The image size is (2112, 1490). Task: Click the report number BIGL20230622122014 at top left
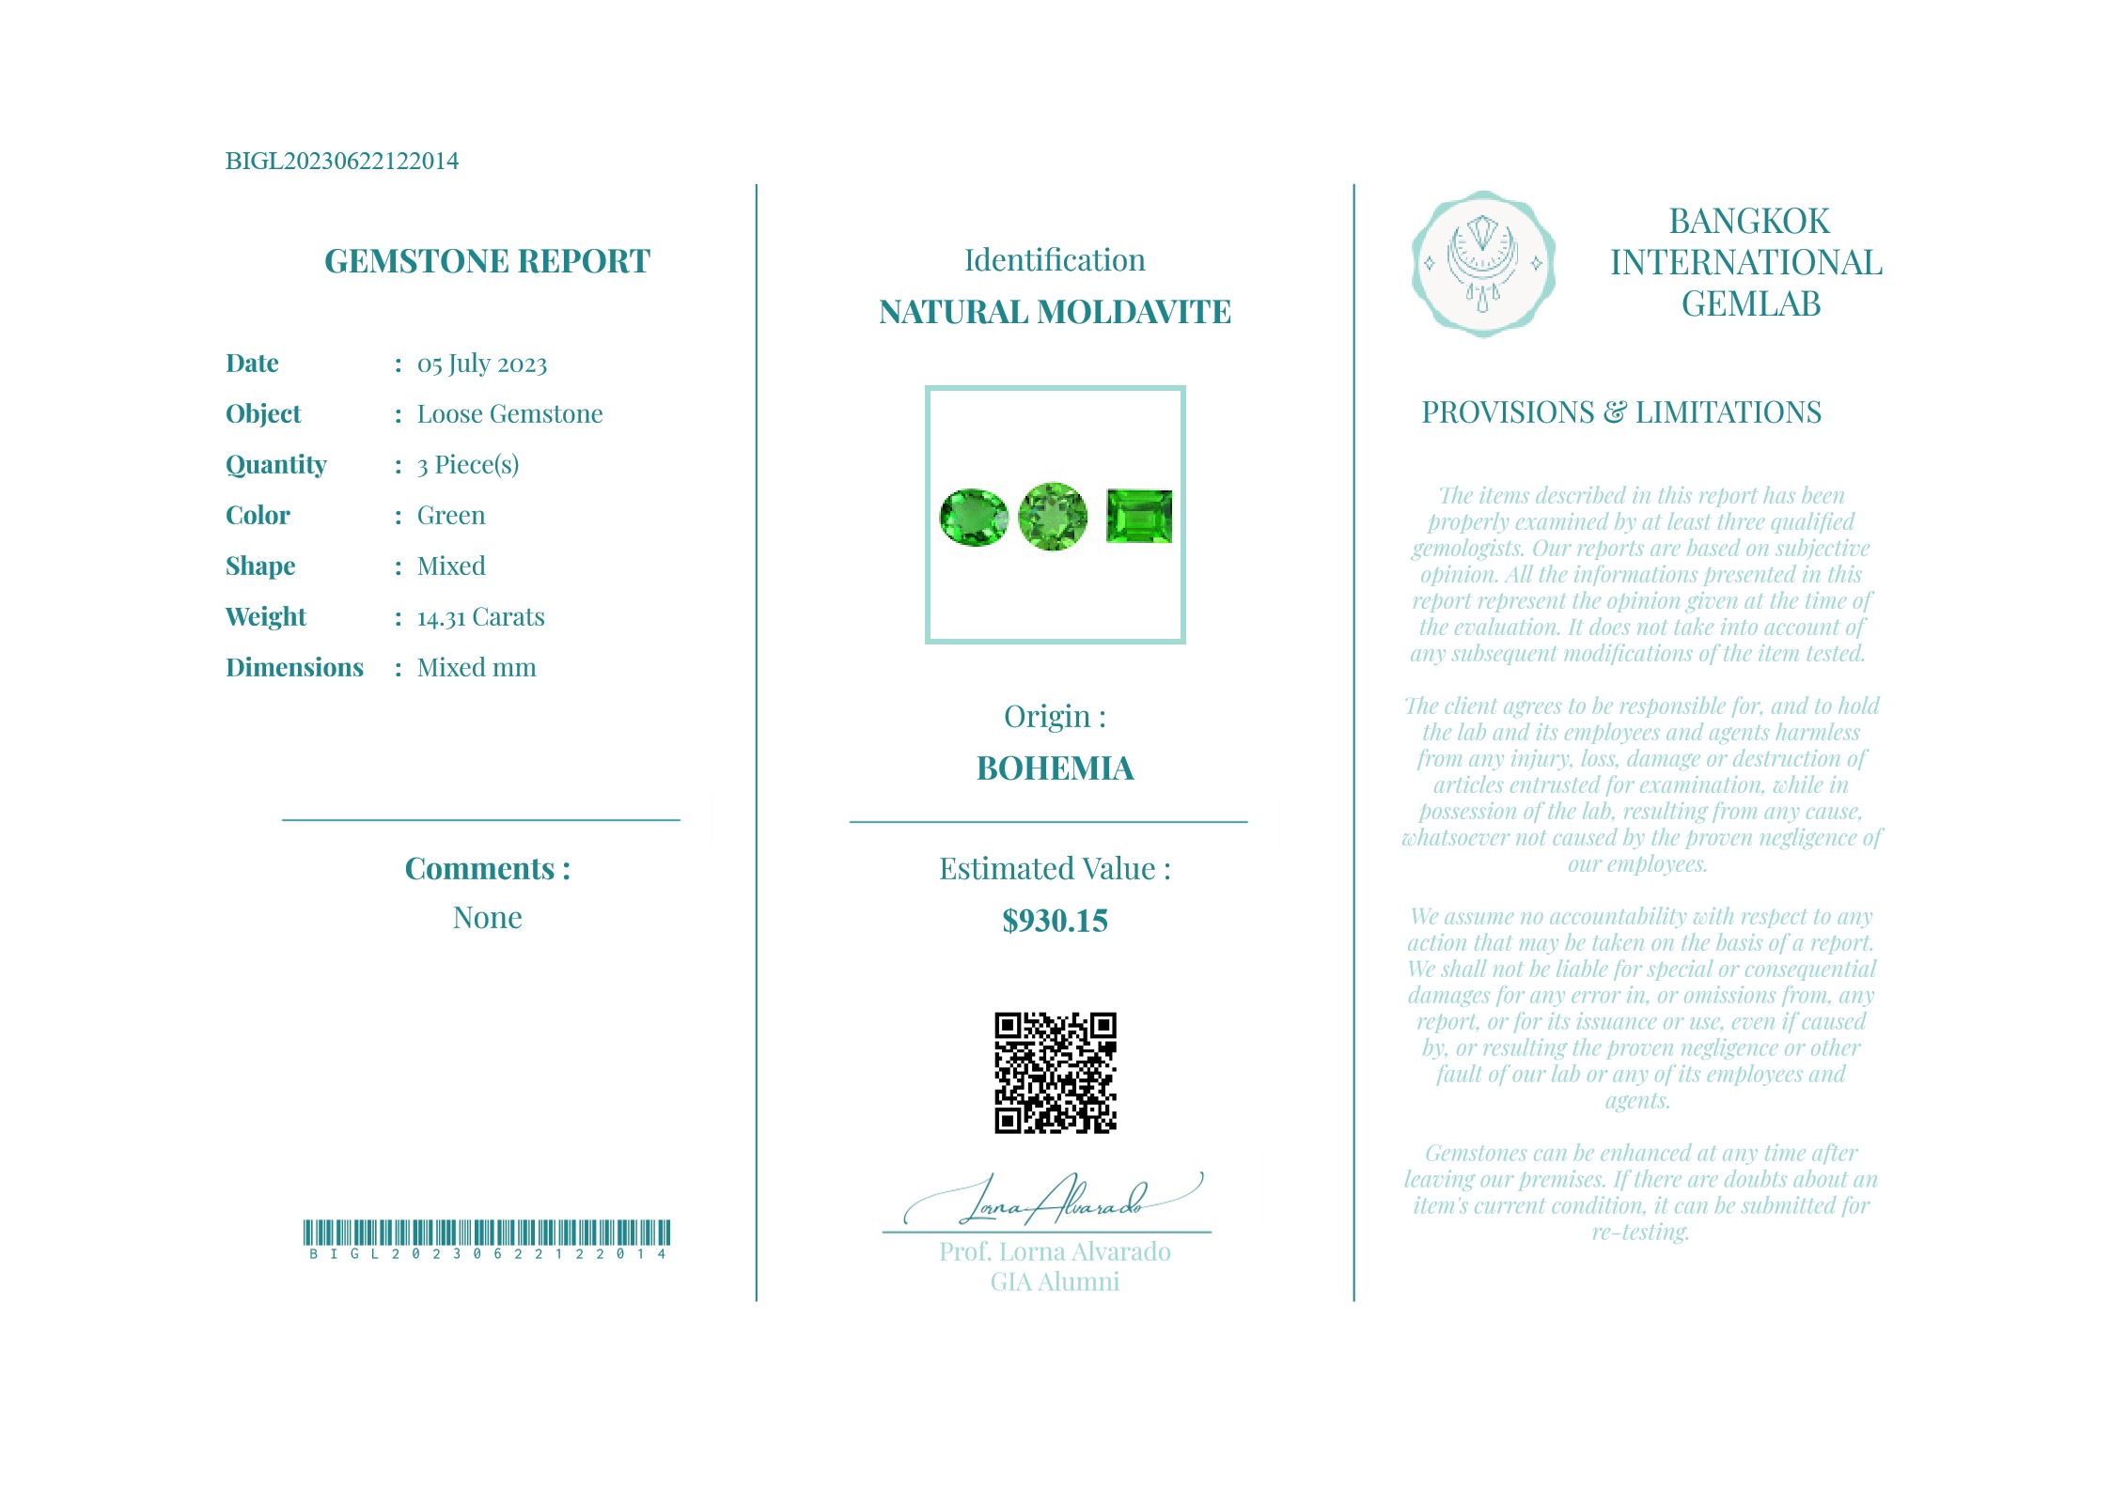coord(341,162)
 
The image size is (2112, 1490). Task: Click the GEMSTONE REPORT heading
coord(487,261)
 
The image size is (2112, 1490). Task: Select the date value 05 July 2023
coord(481,364)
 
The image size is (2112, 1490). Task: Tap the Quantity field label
coord(275,465)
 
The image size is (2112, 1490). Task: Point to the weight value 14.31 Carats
coord(480,617)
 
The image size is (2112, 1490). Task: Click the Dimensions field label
coord(294,668)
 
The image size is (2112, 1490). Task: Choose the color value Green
coord(451,516)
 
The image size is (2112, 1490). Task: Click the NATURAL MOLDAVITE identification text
coord(1055,312)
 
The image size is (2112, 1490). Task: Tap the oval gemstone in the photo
coord(973,517)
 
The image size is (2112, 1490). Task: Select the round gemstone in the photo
coord(1053,516)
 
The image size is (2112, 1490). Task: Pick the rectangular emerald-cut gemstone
coord(1139,516)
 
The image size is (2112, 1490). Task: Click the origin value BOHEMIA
coord(1055,768)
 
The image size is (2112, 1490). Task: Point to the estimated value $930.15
coord(1055,921)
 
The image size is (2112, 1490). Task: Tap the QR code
coord(1055,1073)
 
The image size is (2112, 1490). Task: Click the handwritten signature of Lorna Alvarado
coord(1053,1201)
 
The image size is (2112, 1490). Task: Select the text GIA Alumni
coord(1055,1282)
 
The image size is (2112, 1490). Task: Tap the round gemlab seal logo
coord(1482,264)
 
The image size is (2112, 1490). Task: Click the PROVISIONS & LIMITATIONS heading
coord(1620,412)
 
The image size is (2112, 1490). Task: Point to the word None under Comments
coord(487,918)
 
